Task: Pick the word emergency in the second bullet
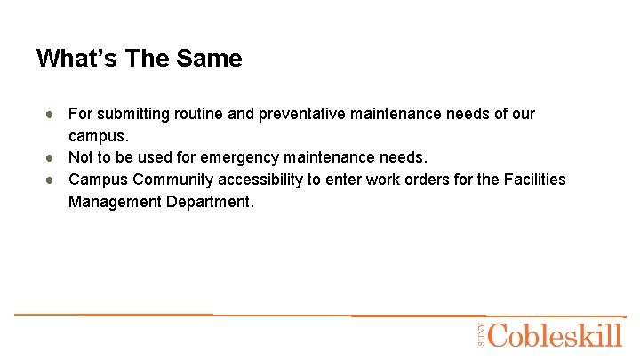click(x=240, y=158)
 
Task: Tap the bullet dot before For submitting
click(x=52, y=115)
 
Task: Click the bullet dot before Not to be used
click(x=52, y=158)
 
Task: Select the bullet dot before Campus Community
click(x=52, y=180)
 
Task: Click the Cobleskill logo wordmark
click(x=555, y=336)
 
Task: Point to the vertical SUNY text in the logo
click(x=480, y=334)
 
